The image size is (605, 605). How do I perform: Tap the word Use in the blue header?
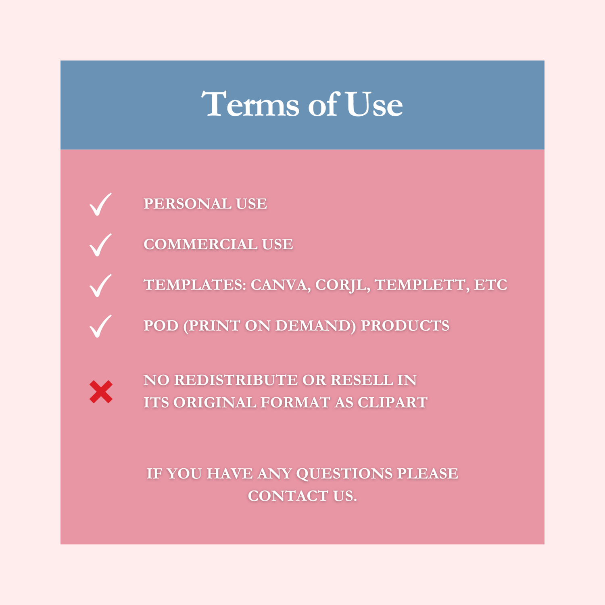tap(374, 104)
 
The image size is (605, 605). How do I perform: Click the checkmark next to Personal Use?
tap(100, 204)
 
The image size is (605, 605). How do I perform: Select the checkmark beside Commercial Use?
tap(100, 245)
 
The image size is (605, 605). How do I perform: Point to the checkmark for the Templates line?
tap(100, 286)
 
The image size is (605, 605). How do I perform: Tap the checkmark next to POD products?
tap(100, 326)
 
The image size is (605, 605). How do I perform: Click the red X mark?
tap(101, 392)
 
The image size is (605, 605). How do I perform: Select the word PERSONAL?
tap(188, 204)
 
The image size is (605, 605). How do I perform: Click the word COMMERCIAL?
tap(200, 244)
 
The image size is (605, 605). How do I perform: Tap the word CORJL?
tap(343, 285)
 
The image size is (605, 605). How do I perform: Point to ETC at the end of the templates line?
tap(490, 285)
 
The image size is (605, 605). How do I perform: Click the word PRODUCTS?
tap(405, 325)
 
